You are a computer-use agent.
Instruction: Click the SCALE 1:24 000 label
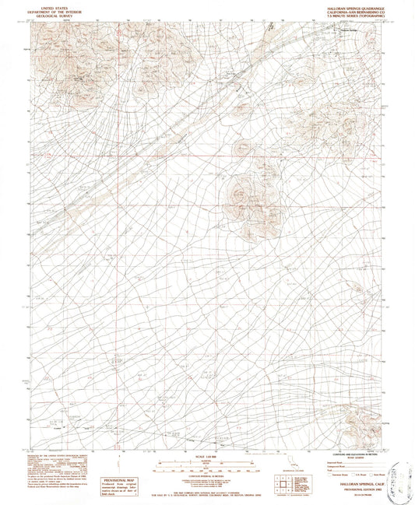(207, 455)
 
